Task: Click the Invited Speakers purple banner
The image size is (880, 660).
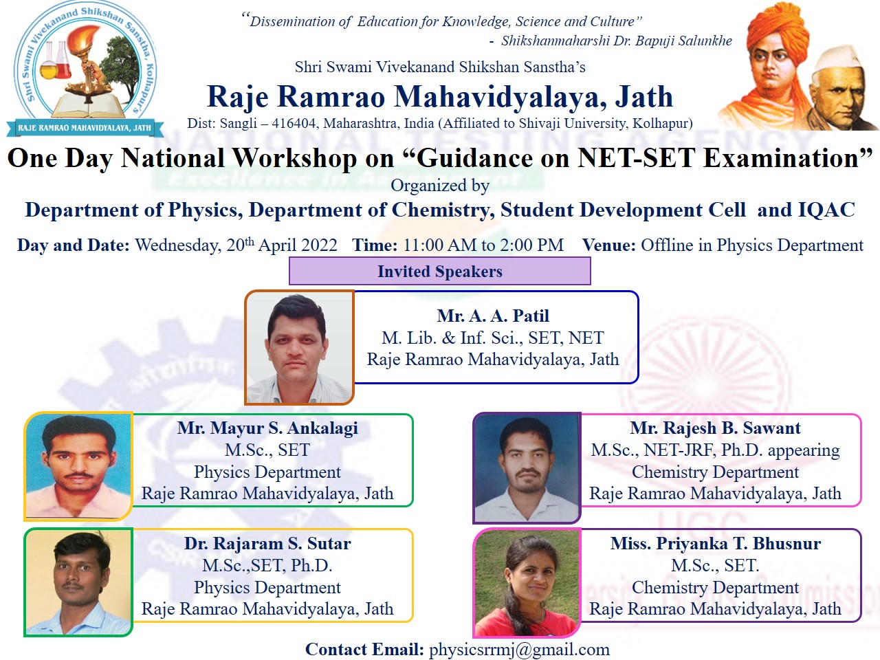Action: pos(440,272)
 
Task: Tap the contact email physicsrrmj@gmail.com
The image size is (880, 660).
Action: pos(519,649)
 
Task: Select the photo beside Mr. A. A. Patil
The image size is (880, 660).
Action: pos(300,347)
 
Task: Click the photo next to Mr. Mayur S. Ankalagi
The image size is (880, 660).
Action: pos(78,466)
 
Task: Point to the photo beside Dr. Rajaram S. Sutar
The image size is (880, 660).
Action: pos(78,582)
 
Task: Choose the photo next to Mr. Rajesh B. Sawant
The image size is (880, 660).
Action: pos(527,468)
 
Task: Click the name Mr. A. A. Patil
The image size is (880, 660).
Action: pos(493,316)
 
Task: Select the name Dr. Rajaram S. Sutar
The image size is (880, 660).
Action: pos(267,543)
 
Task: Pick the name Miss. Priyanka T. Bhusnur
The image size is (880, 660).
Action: pos(716,543)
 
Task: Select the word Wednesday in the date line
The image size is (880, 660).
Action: pos(177,245)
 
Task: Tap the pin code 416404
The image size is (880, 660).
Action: pos(294,123)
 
